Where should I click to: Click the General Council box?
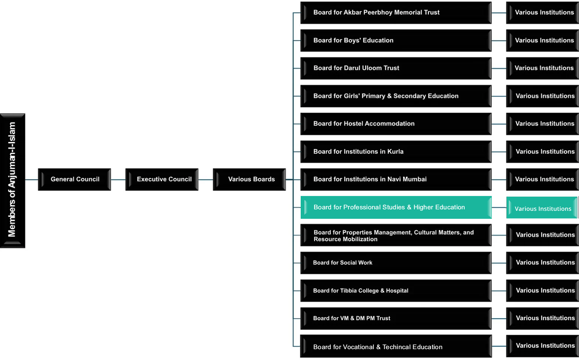pos(75,180)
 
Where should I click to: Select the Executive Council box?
pos(162,180)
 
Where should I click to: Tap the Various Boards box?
pos(249,180)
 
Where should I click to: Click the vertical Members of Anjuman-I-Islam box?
pos(12,180)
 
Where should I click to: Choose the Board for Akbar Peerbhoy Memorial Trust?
pos(396,13)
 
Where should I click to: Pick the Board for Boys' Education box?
pos(396,40)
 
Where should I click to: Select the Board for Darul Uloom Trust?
pos(396,68)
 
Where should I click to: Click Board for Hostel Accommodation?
pos(396,124)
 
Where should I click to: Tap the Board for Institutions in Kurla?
pos(396,151)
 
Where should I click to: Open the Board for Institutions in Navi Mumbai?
pos(396,180)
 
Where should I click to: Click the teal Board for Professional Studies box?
pos(396,208)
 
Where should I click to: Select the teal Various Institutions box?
pos(542,208)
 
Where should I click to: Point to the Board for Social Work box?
pos(396,263)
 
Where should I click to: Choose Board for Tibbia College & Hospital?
pos(396,291)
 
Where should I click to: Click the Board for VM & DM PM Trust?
pos(396,318)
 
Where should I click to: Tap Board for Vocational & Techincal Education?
pos(396,346)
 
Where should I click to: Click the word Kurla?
pos(395,151)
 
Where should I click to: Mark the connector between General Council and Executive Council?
pos(118,180)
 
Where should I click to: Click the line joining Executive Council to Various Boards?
pos(206,180)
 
